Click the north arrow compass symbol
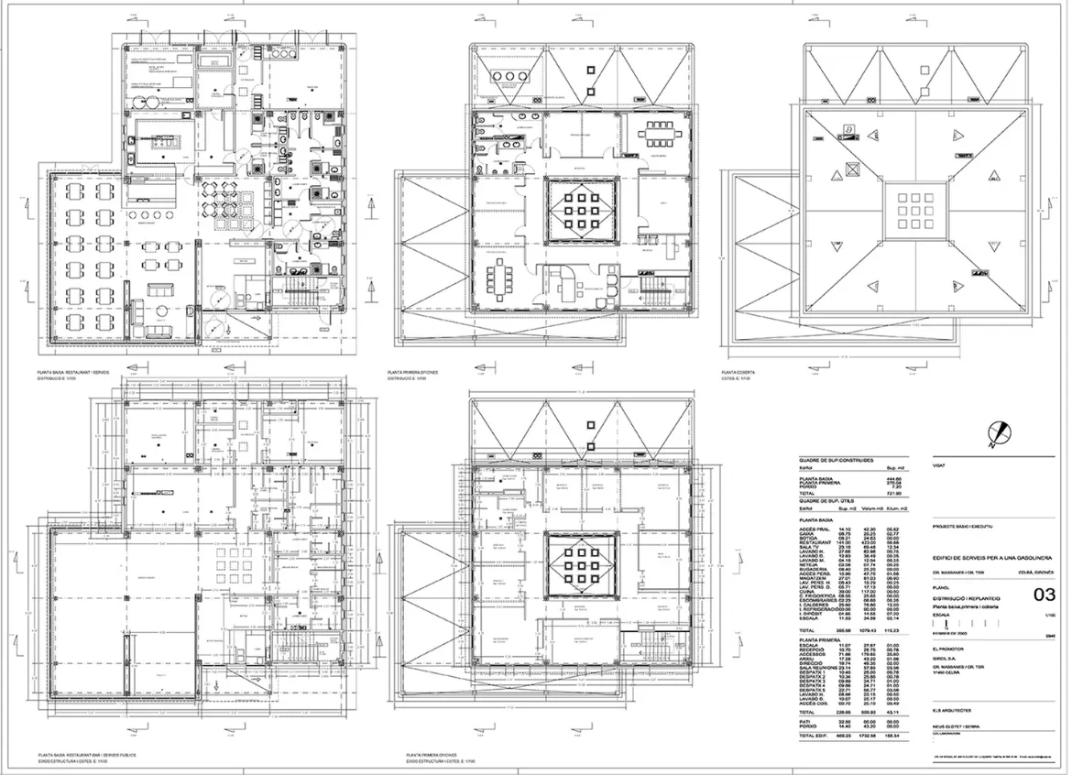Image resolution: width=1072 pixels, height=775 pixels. coord(1001,432)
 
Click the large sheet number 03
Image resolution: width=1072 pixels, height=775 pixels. coord(1044,595)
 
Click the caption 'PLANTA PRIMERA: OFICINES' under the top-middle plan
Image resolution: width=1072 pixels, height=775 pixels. coord(413,373)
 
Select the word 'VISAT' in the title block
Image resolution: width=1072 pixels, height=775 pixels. coord(938,467)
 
